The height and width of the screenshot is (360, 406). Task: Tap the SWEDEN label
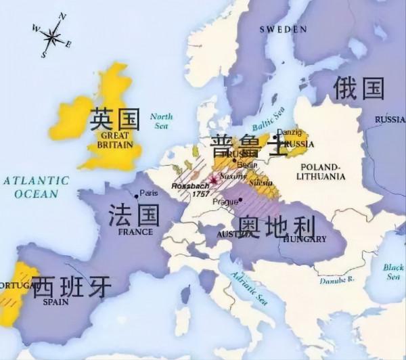click(x=284, y=29)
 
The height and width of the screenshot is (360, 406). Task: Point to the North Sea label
click(x=161, y=120)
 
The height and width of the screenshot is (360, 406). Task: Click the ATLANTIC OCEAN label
click(x=35, y=187)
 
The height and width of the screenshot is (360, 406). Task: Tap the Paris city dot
click(x=137, y=196)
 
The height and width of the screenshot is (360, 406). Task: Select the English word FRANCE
click(x=136, y=231)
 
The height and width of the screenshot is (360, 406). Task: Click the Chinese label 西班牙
click(x=72, y=286)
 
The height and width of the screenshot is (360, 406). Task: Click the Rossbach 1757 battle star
click(x=215, y=179)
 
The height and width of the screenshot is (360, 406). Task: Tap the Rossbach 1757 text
click(x=186, y=189)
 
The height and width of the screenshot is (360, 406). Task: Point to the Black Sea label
click(x=392, y=271)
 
